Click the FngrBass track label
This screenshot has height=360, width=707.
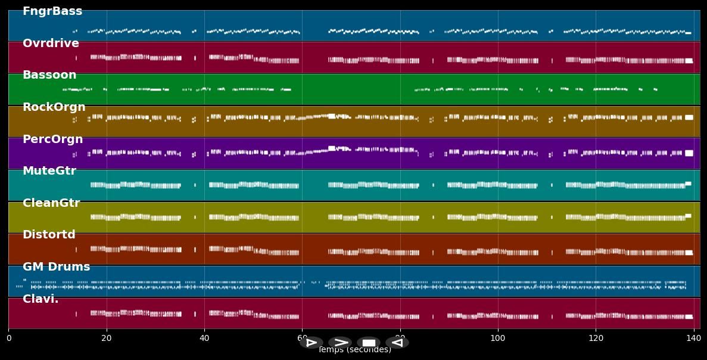point(52,11)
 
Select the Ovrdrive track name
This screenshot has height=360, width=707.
point(51,44)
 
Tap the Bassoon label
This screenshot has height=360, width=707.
point(49,75)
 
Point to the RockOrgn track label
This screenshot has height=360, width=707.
point(54,107)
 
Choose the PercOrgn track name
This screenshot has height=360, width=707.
point(52,139)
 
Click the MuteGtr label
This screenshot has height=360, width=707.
point(49,171)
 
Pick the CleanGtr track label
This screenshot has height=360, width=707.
point(51,203)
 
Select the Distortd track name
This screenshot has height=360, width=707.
point(49,235)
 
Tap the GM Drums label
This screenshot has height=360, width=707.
point(56,267)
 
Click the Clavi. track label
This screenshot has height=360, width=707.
point(41,299)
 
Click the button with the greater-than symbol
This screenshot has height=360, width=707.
point(340,343)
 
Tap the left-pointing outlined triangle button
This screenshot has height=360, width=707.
point(397,343)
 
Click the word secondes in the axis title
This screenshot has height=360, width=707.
point(366,350)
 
